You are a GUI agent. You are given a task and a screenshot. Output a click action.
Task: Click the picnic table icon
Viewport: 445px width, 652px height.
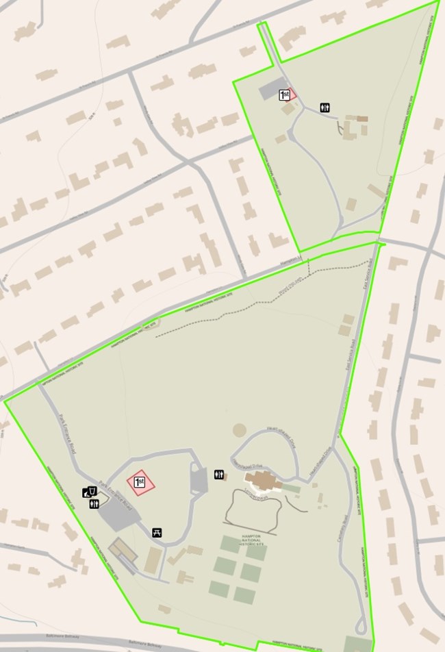click(157, 533)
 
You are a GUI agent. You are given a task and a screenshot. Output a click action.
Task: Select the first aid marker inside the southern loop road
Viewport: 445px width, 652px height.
click(140, 483)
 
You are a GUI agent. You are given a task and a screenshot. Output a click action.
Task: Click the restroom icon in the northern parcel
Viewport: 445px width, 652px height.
click(327, 108)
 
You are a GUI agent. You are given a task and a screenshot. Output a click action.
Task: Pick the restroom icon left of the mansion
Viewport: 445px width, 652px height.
click(219, 474)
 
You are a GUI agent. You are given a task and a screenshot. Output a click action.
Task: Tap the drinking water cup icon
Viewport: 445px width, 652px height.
click(90, 491)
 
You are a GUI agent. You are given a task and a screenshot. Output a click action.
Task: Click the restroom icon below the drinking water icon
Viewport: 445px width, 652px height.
click(94, 504)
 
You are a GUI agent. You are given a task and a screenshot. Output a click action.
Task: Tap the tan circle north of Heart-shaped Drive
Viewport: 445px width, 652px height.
click(239, 430)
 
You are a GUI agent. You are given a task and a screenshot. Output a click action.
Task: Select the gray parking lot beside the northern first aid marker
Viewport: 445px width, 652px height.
click(268, 92)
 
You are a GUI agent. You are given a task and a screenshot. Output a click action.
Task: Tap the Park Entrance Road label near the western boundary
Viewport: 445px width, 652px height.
click(66, 434)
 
